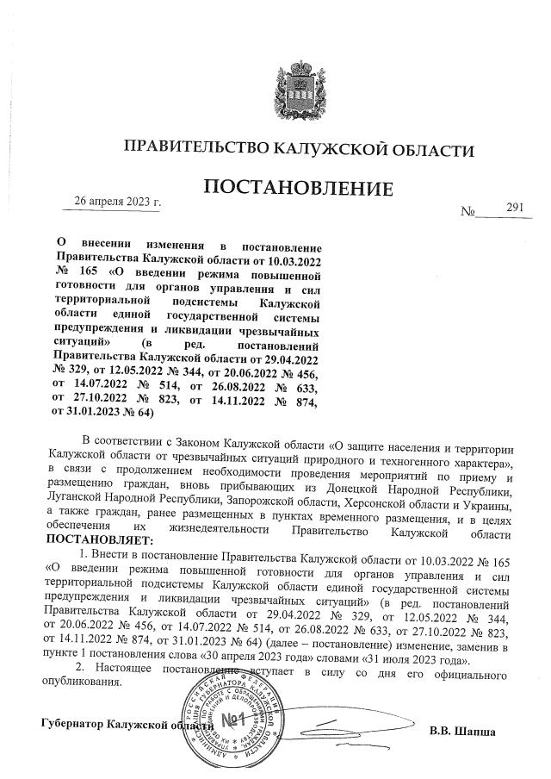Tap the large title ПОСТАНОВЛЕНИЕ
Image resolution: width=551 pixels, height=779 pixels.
pyautogui.click(x=297, y=188)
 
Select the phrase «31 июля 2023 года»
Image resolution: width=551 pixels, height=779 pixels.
pyautogui.click(x=417, y=659)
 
